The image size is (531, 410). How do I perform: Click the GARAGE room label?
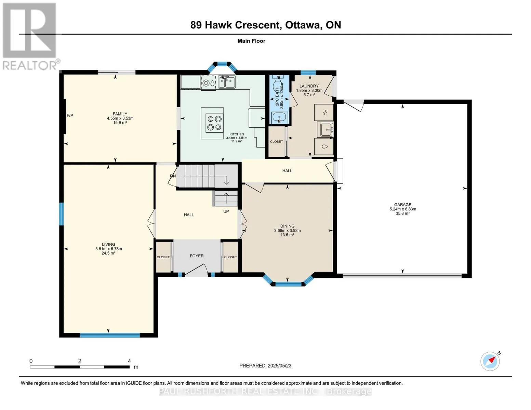402,205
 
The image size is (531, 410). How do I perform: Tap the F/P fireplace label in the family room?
70,115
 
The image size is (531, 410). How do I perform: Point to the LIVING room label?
108,244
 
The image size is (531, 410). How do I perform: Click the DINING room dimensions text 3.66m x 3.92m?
287,231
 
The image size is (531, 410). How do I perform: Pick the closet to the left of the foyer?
163,257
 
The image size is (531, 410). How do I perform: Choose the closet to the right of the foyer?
230,257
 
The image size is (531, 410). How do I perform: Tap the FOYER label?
197,256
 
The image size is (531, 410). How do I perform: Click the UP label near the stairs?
226,211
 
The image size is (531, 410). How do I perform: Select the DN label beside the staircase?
173,176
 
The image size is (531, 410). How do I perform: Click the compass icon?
490,361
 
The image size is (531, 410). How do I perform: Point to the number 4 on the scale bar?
129,361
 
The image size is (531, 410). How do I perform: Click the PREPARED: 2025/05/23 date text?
265,366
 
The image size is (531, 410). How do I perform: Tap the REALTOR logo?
30,36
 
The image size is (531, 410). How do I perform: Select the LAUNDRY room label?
309,86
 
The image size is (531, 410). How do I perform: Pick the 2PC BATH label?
277,96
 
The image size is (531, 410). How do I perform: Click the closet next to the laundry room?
276,141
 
